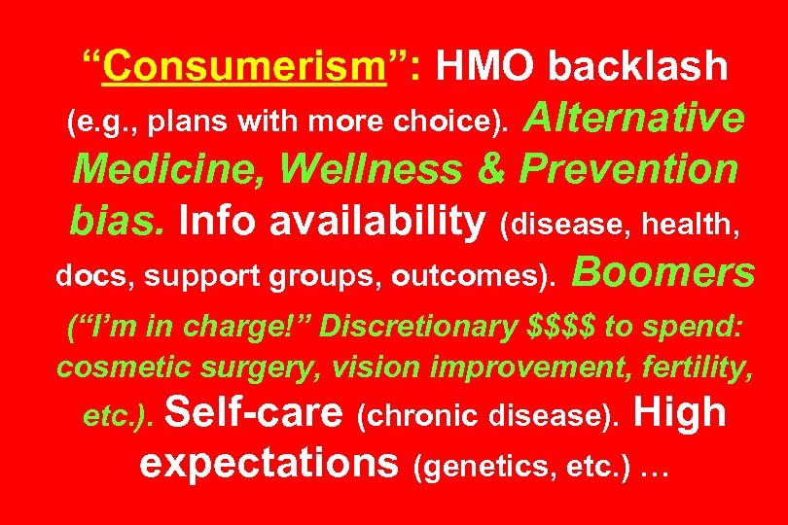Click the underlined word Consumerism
[x=244, y=67]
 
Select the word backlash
[x=637, y=67]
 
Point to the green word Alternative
[x=635, y=120]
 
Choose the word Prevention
[x=628, y=169]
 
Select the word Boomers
[x=665, y=273]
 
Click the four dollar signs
[x=562, y=327]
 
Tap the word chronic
[x=410, y=417]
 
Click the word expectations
[x=271, y=464]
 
